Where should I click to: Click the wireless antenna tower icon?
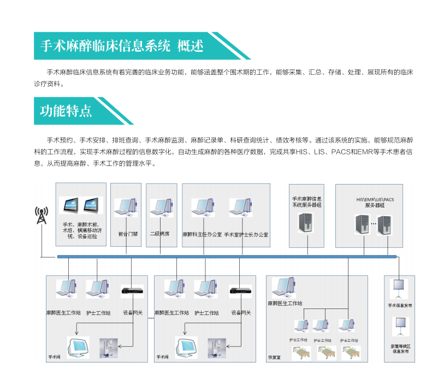coord(42,215)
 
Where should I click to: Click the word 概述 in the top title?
coord(190,46)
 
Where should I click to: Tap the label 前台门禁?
coord(128,234)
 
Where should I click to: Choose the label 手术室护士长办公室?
coord(246,234)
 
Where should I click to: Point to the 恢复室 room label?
coord(275,357)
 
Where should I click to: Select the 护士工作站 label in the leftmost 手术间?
coord(98,313)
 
